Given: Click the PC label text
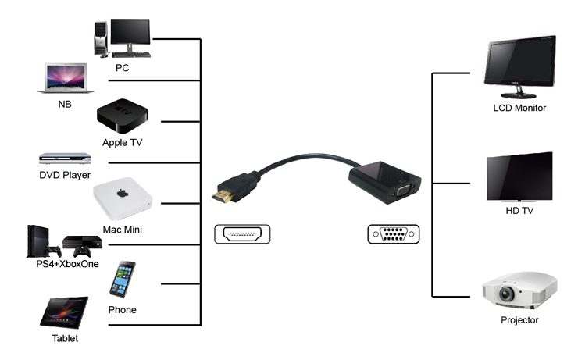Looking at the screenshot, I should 122,68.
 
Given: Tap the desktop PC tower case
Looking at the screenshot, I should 100,37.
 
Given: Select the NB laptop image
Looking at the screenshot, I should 66,78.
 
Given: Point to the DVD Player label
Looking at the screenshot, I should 65,175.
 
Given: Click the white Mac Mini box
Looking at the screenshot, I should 122,201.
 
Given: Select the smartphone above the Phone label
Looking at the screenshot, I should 122,279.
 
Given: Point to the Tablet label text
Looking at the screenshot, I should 65,338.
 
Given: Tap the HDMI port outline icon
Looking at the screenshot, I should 241,233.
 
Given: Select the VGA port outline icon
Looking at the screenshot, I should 393,233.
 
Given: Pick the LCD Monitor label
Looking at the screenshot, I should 519,108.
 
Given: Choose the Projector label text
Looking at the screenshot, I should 519,320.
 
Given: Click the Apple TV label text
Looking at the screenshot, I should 122,143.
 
